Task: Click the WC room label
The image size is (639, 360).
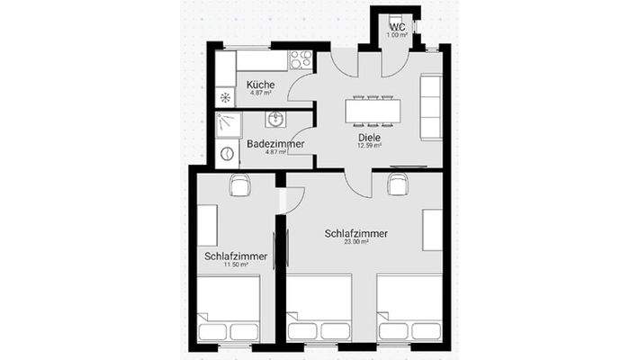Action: [397, 27]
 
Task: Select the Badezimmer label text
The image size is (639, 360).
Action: [274, 144]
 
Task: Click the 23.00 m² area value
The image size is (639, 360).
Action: [356, 242]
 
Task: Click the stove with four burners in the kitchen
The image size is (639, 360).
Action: [300, 60]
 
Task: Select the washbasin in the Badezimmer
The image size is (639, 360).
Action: [275, 119]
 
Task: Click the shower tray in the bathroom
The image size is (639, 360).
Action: [229, 123]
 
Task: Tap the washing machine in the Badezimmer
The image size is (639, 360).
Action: [226, 153]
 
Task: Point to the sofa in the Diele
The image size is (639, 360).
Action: [431, 106]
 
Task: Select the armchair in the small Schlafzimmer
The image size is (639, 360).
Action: [240, 184]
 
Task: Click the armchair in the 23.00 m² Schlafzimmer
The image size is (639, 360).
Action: [396, 184]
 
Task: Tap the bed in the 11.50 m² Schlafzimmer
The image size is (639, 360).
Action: [228, 309]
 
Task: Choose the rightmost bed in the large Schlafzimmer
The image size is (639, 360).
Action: [409, 309]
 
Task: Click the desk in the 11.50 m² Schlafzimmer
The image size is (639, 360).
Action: [208, 225]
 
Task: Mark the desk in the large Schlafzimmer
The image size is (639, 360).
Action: [432, 229]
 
